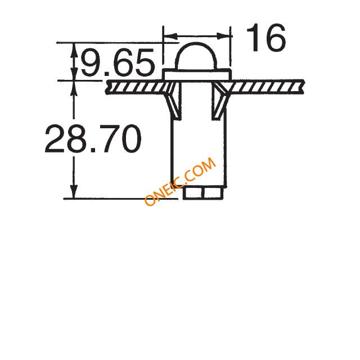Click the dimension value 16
(x=266, y=38)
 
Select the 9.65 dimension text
(x=118, y=62)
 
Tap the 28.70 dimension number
(x=93, y=138)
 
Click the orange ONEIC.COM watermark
(x=180, y=181)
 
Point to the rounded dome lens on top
(x=196, y=56)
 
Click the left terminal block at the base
(x=193, y=193)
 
